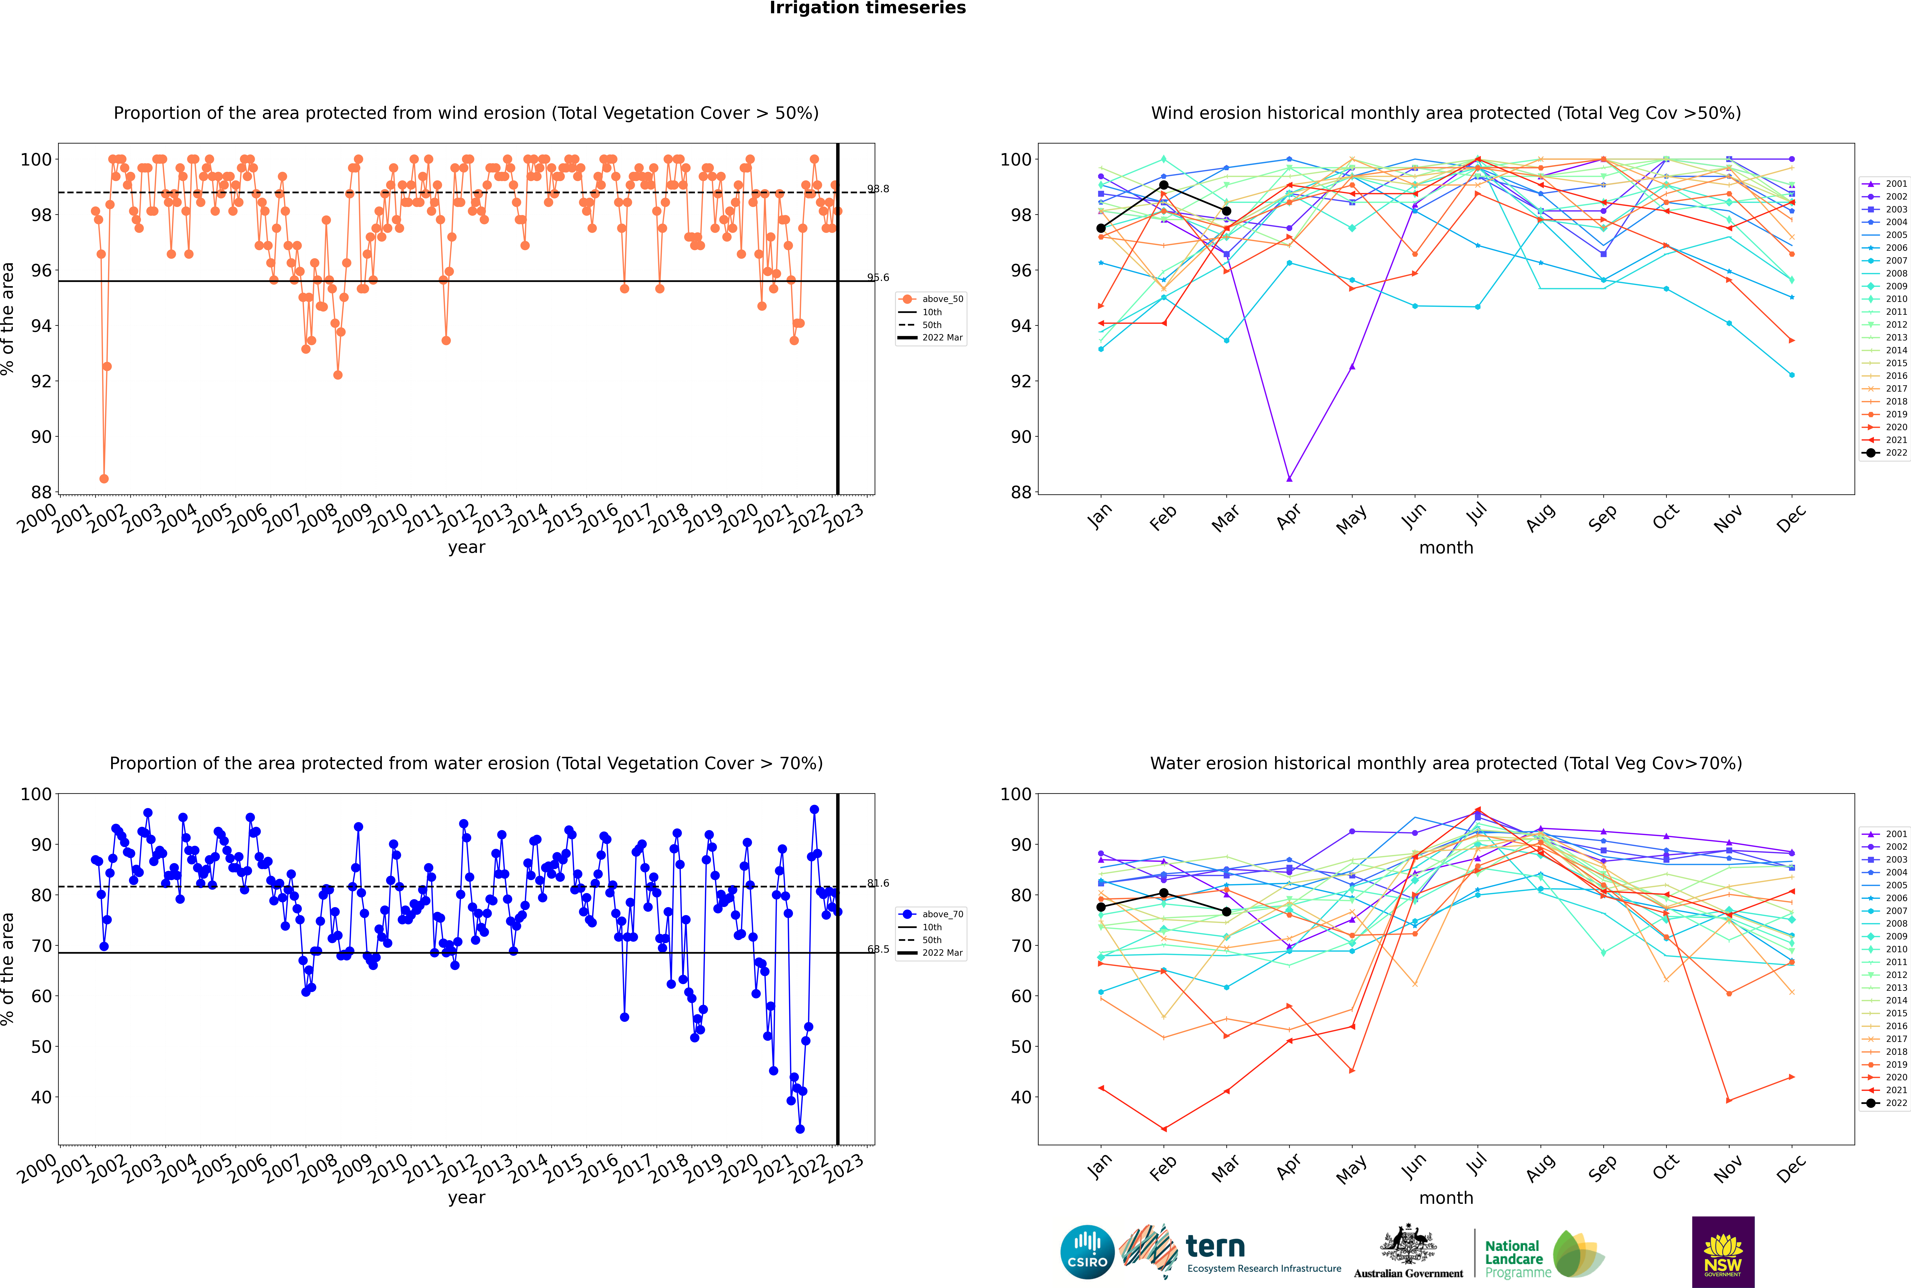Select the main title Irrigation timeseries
click(x=868, y=8)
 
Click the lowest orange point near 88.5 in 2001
click(x=104, y=478)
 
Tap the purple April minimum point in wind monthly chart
click(x=1289, y=478)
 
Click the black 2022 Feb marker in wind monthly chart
click(x=1163, y=185)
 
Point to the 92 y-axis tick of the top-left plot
click(x=41, y=381)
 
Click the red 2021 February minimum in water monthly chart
click(x=1163, y=1129)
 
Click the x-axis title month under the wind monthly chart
click(x=1446, y=548)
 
